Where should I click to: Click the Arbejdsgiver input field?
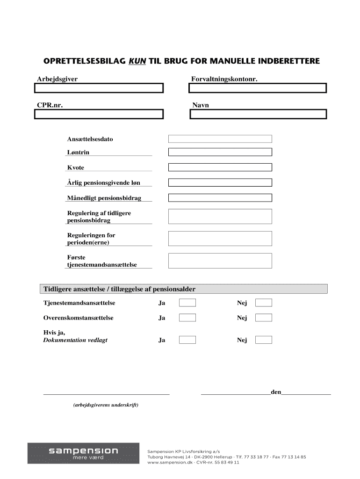[x=100, y=88]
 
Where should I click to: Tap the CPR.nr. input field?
[x=100, y=114]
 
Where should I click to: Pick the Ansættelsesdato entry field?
[x=220, y=139]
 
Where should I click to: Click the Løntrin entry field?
[x=220, y=152]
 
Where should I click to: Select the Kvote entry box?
[x=220, y=167]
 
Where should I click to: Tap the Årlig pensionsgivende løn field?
[x=220, y=182]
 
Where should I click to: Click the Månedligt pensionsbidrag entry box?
[x=220, y=198]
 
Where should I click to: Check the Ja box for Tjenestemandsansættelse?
[x=187, y=303]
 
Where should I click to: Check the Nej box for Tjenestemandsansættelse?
[x=263, y=303]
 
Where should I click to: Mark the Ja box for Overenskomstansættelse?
[x=187, y=318]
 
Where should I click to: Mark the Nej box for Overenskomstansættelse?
[x=263, y=318]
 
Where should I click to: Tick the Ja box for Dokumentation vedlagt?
[x=187, y=340]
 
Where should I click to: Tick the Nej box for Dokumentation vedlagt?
[x=263, y=340]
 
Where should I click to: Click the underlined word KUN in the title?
[x=137, y=61]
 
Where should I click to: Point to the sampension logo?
[x=83, y=453]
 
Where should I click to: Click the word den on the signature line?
[x=276, y=392]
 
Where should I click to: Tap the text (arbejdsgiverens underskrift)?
[x=106, y=405]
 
